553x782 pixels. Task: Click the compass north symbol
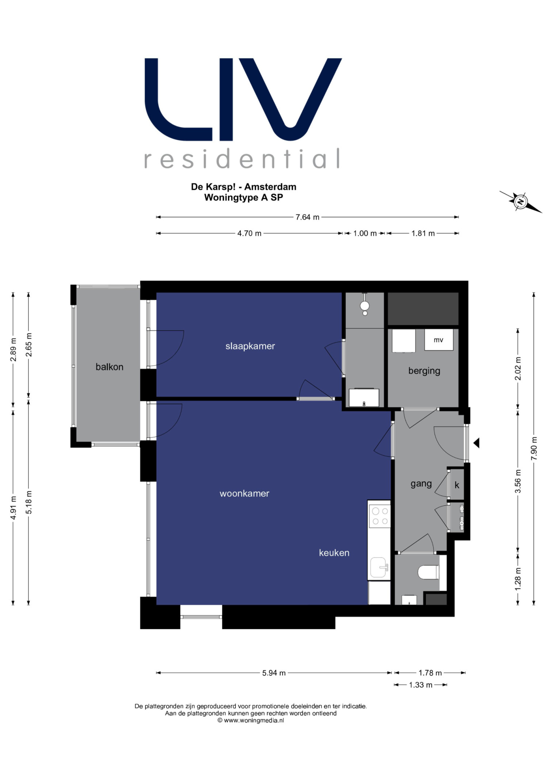pyautogui.click(x=520, y=201)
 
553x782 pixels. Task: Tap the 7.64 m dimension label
pyautogui.click(x=307, y=217)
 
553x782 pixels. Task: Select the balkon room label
pyautogui.click(x=109, y=367)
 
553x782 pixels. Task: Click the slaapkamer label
pyautogui.click(x=250, y=346)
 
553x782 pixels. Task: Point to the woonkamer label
pyautogui.click(x=244, y=493)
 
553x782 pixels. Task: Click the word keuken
pyautogui.click(x=334, y=553)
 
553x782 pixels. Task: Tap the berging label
pyautogui.click(x=424, y=371)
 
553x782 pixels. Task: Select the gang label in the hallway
pyautogui.click(x=421, y=484)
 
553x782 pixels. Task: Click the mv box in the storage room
pyautogui.click(x=439, y=340)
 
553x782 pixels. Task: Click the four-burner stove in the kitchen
pyautogui.click(x=380, y=516)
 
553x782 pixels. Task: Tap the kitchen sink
pyautogui.click(x=378, y=567)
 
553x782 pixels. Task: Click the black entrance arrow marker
pyautogui.click(x=476, y=443)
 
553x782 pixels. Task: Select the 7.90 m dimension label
pyautogui.click(x=534, y=448)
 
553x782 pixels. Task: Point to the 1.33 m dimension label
pyautogui.click(x=420, y=685)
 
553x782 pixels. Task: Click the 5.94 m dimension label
pyautogui.click(x=274, y=673)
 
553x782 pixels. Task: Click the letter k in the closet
pyautogui.click(x=457, y=485)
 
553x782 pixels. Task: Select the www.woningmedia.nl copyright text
pyautogui.click(x=251, y=720)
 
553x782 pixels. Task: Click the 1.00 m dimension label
pyautogui.click(x=365, y=233)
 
